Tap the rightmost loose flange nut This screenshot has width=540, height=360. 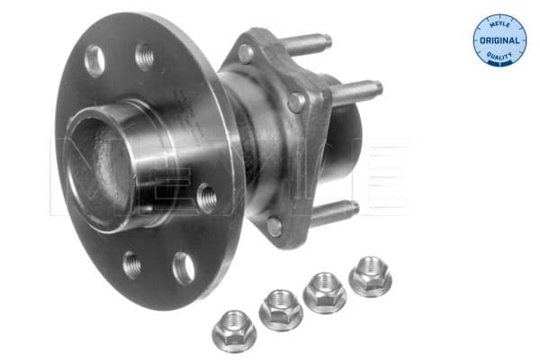point(370,275)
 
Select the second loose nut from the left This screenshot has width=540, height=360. point(280,309)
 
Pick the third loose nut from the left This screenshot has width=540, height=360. point(325,292)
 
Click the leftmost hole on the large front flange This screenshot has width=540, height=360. point(94,60)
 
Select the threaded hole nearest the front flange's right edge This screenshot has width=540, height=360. point(206,195)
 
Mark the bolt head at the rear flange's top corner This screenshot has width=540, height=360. point(245,52)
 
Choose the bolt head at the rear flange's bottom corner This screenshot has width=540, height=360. point(274,227)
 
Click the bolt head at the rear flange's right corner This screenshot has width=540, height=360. point(296,103)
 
